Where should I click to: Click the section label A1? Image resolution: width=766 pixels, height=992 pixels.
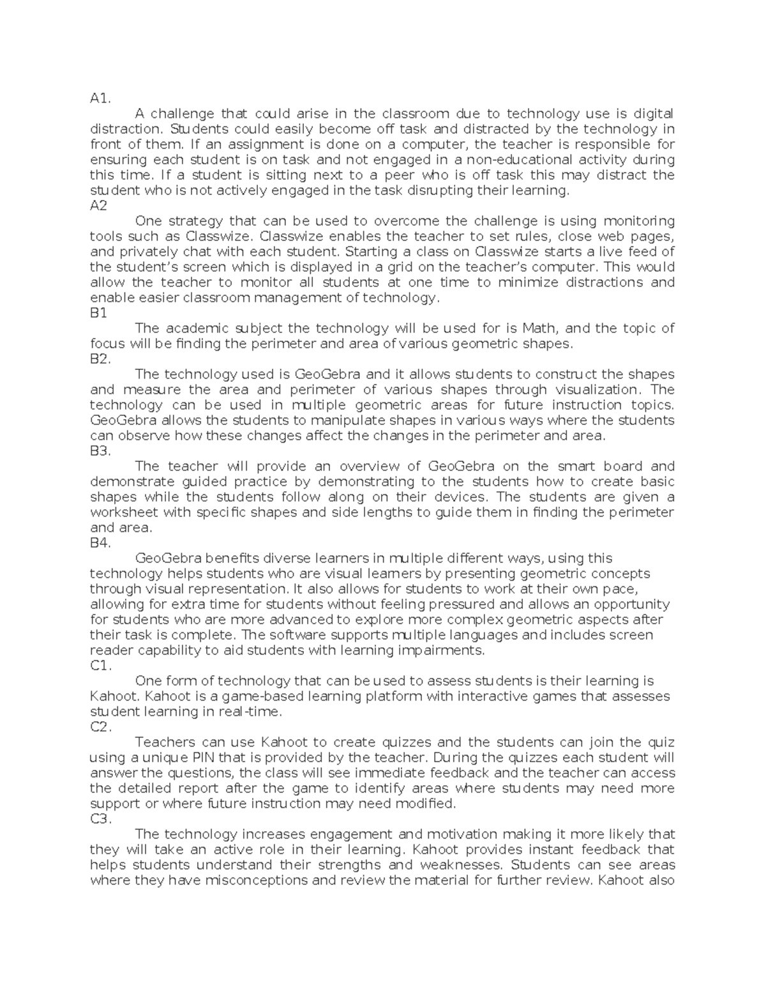tap(101, 98)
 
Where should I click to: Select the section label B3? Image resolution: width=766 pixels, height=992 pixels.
tap(101, 451)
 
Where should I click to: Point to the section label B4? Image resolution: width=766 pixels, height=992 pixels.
tap(101, 543)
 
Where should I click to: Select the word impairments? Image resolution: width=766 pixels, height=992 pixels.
tap(441, 650)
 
